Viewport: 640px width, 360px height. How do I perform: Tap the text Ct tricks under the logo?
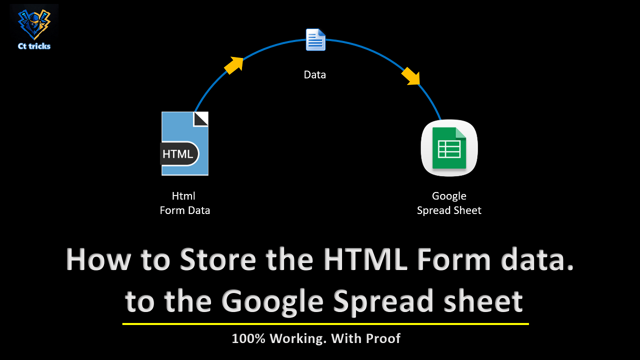[x=34, y=46]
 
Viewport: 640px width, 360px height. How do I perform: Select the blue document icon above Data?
[x=315, y=39]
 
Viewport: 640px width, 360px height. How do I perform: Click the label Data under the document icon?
[x=315, y=75]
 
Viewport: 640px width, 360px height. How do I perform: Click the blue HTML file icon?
[x=185, y=143]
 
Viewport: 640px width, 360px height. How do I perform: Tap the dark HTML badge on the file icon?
[x=179, y=154]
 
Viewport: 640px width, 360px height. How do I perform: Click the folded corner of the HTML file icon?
[x=201, y=119]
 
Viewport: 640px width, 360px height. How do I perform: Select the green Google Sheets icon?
[x=449, y=148]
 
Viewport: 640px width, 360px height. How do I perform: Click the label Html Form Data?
[x=184, y=203]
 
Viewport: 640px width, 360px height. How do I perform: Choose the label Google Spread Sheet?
[x=449, y=203]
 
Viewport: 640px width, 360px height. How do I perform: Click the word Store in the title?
[x=218, y=259]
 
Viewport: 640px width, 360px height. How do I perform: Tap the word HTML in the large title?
[x=365, y=259]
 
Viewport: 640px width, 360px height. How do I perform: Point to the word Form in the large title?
[x=454, y=259]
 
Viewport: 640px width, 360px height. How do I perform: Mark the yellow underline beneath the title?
[x=325, y=324]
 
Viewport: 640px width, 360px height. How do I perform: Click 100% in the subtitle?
[x=249, y=338]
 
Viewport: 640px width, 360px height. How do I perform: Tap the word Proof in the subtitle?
[x=383, y=338]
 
